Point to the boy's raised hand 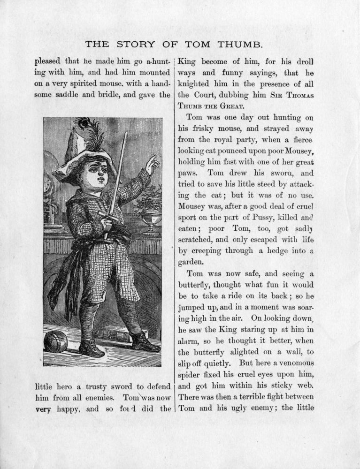pyautogui.click(x=152, y=164)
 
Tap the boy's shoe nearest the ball pyautogui.click(x=91, y=348)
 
